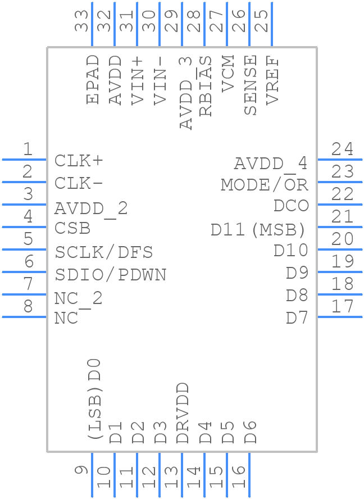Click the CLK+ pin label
coord(79,161)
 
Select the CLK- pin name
coord(79,184)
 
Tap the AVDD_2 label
coord(91,208)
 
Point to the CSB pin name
coord(72,229)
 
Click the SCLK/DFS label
coord(104,252)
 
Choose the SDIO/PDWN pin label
coord(111,275)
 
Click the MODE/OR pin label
coord(265,185)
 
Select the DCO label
coord(291,206)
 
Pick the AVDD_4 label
coord(271,164)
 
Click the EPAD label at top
coord(93,79)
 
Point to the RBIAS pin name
coord(206,86)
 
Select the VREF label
coord(273,80)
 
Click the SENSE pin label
coord(251,85)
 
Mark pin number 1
coord(28,149)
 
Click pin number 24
coord(342,149)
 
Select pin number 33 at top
coord(83,21)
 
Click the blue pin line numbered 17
coord(340,317)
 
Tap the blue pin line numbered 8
coord(24,317)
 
